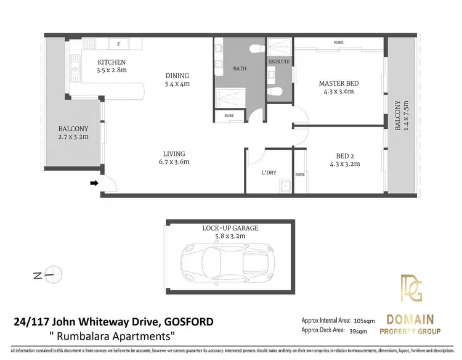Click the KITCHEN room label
[x=111, y=62]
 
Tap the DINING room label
[x=177, y=76]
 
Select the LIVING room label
[x=174, y=154]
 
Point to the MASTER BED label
[x=338, y=83]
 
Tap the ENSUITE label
[x=280, y=62]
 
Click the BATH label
[x=240, y=68]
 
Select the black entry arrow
[x=94, y=183]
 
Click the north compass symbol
[x=54, y=274]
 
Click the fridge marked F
[x=118, y=44]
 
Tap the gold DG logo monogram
[x=409, y=287]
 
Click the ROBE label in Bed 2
[x=300, y=174]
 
